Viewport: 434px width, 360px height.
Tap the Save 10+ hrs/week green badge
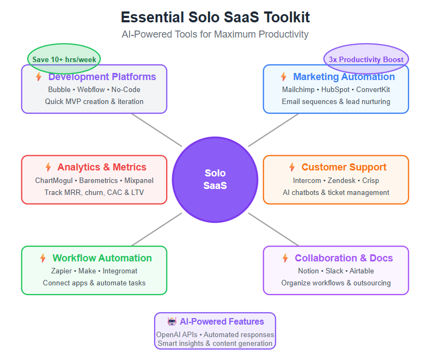pyautogui.click(x=64, y=58)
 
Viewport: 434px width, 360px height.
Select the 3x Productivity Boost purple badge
pyautogui.click(x=366, y=59)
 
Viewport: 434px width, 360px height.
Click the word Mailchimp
pyautogui.click(x=299, y=89)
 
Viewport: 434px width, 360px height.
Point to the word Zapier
pyautogui.click(x=62, y=271)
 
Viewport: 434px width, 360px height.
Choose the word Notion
pyautogui.click(x=308, y=271)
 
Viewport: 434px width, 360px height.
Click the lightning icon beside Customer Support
pyautogui.click(x=292, y=167)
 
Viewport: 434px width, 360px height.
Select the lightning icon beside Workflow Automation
pyautogui.click(x=43, y=258)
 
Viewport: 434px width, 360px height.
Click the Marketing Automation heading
pyautogui.click(x=344, y=77)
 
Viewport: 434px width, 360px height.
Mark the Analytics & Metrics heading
pyautogui.click(x=102, y=167)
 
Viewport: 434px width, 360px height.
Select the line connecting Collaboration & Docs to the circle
pyautogui.click(x=273, y=229)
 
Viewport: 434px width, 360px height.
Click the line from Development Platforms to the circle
pyautogui.click(x=156, y=130)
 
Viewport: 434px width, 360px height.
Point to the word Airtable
pyautogui.click(x=362, y=271)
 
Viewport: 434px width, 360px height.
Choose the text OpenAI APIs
pyautogui.click(x=176, y=334)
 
